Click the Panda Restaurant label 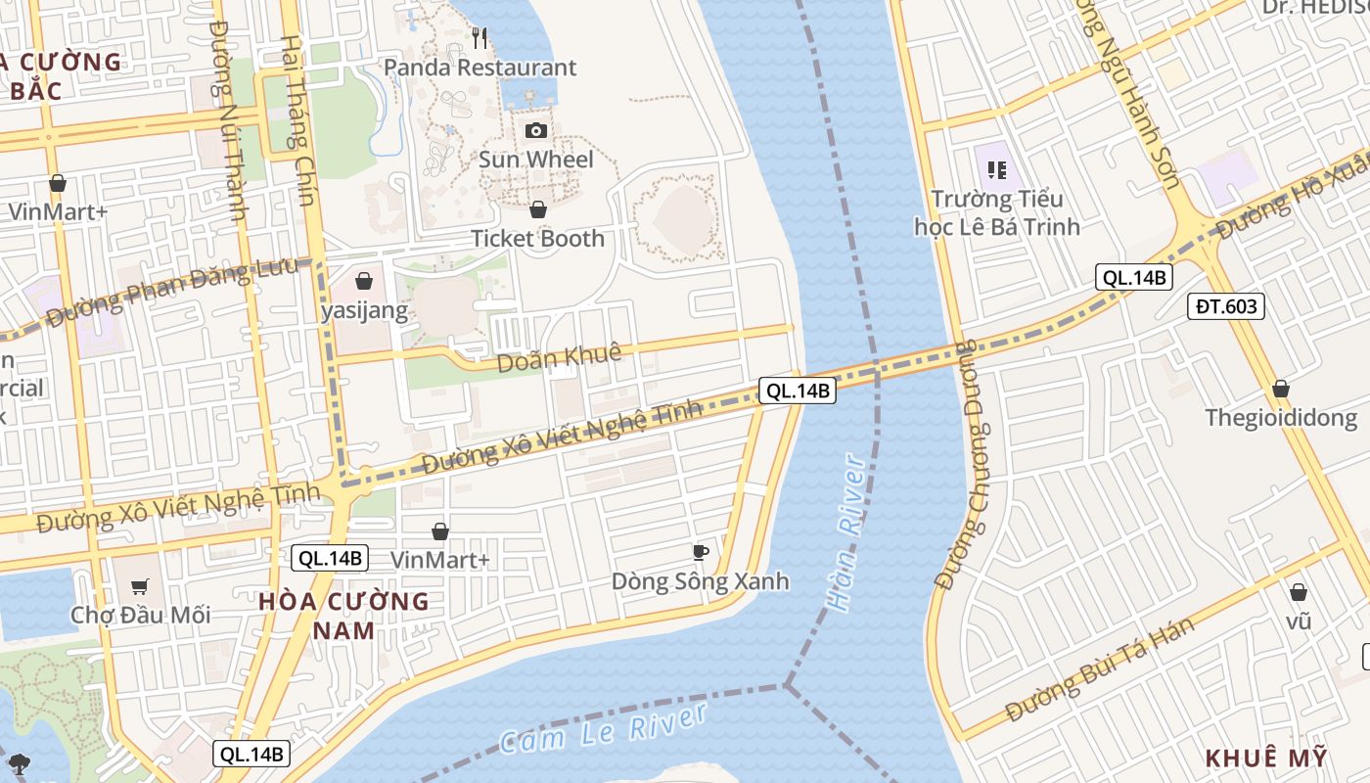tap(479, 68)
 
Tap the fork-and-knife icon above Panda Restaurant tap(479, 38)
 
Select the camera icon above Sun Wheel tap(536, 130)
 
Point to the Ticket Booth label tap(537, 239)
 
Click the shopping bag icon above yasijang tap(364, 281)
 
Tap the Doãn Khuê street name tap(559, 358)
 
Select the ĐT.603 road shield tap(1226, 306)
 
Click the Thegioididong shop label tap(1281, 419)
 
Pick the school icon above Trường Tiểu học tap(997, 171)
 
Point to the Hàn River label tap(846, 533)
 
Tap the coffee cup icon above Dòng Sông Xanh tap(700, 552)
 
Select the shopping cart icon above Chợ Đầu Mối tap(140, 586)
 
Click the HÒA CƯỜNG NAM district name tap(343, 616)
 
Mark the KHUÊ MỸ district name tap(1266, 759)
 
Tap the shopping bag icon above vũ tap(1299, 592)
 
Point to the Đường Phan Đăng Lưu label tap(172, 292)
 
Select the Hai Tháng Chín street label tap(297, 121)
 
